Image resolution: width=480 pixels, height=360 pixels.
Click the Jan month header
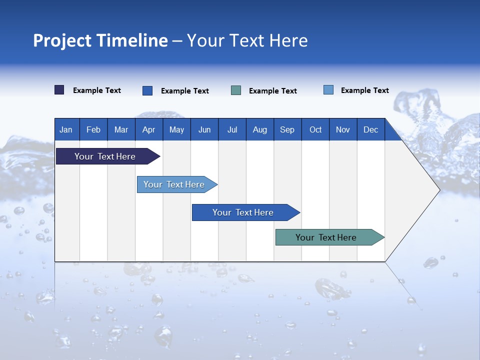[66, 129]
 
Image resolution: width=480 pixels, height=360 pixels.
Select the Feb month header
[93, 129]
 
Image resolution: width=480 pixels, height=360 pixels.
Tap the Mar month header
[121, 129]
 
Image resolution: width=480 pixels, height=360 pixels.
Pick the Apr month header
[148, 129]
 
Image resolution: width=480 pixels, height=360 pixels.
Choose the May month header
[176, 129]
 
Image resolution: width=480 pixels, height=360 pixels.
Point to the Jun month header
[204, 129]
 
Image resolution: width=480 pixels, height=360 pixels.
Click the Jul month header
[232, 129]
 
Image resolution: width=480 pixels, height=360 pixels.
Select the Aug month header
[259, 129]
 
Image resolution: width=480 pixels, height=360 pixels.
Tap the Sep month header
[287, 129]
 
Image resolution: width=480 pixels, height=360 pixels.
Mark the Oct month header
[315, 129]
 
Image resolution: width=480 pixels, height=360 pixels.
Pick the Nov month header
[343, 129]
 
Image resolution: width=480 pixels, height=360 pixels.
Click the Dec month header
[370, 129]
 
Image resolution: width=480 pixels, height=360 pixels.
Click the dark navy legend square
[59, 90]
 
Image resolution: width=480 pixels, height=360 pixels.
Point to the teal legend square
[236, 90]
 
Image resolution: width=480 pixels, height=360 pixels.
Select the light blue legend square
[328, 90]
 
